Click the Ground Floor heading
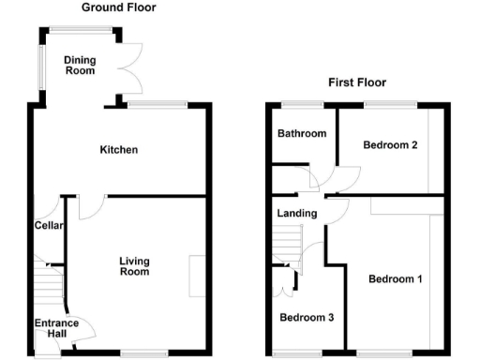(119, 7)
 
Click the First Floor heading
(356, 82)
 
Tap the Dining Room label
(80, 65)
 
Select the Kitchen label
(120, 150)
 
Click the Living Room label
(134, 266)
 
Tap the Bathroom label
(301, 134)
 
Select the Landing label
(296, 214)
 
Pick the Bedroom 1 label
(395, 279)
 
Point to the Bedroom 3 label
(307, 318)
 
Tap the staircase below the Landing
(286, 247)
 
